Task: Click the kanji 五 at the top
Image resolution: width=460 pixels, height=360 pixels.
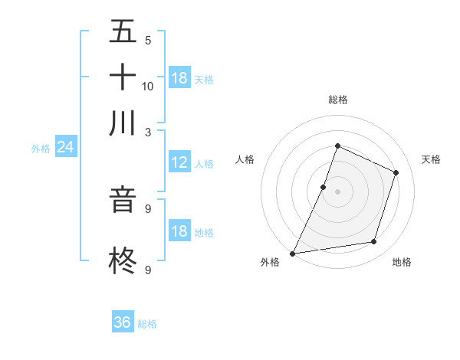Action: (x=123, y=32)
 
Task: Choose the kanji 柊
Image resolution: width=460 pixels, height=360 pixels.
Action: (x=123, y=259)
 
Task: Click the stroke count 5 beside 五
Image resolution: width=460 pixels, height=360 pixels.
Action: (x=148, y=41)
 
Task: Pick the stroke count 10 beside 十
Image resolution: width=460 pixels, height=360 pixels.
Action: (x=148, y=86)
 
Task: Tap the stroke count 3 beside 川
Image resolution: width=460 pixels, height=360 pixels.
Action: (x=148, y=131)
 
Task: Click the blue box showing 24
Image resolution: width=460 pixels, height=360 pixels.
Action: (x=65, y=147)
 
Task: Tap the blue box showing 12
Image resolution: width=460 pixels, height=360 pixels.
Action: (x=179, y=162)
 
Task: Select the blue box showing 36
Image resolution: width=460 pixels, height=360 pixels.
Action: (x=123, y=322)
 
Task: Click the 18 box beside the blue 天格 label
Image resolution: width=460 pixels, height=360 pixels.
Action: (x=179, y=78)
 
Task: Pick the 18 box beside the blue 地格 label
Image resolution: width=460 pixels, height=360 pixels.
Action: (x=179, y=231)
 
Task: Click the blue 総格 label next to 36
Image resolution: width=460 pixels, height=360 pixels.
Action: (x=147, y=324)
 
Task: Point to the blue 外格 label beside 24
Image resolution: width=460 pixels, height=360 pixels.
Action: (x=41, y=149)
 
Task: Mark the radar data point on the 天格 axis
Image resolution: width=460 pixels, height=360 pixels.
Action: (x=396, y=172)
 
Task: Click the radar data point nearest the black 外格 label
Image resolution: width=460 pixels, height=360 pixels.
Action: (x=293, y=253)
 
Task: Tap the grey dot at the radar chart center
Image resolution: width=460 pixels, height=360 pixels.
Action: (x=337, y=191)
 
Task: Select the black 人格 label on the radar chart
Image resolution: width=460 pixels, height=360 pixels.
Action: (x=245, y=159)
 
